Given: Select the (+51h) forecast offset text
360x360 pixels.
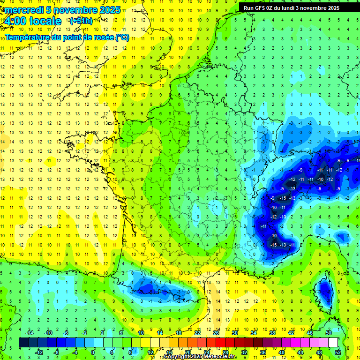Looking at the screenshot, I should coord(81,21).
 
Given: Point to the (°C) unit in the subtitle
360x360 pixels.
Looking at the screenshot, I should coord(122,37).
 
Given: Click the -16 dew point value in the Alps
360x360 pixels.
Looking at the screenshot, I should coord(320,180).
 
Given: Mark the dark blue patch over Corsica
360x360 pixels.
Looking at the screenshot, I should coord(323,289).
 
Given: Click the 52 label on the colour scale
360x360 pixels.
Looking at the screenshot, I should coord(338,352).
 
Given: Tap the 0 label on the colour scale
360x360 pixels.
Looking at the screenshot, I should coord(93,352).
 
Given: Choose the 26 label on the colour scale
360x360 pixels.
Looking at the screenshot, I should coord(216,332).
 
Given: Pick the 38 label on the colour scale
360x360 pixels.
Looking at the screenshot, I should coord(272,332).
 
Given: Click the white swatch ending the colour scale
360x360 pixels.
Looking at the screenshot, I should coord(333,342).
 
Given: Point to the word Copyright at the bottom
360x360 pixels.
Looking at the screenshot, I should coord(177,357).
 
